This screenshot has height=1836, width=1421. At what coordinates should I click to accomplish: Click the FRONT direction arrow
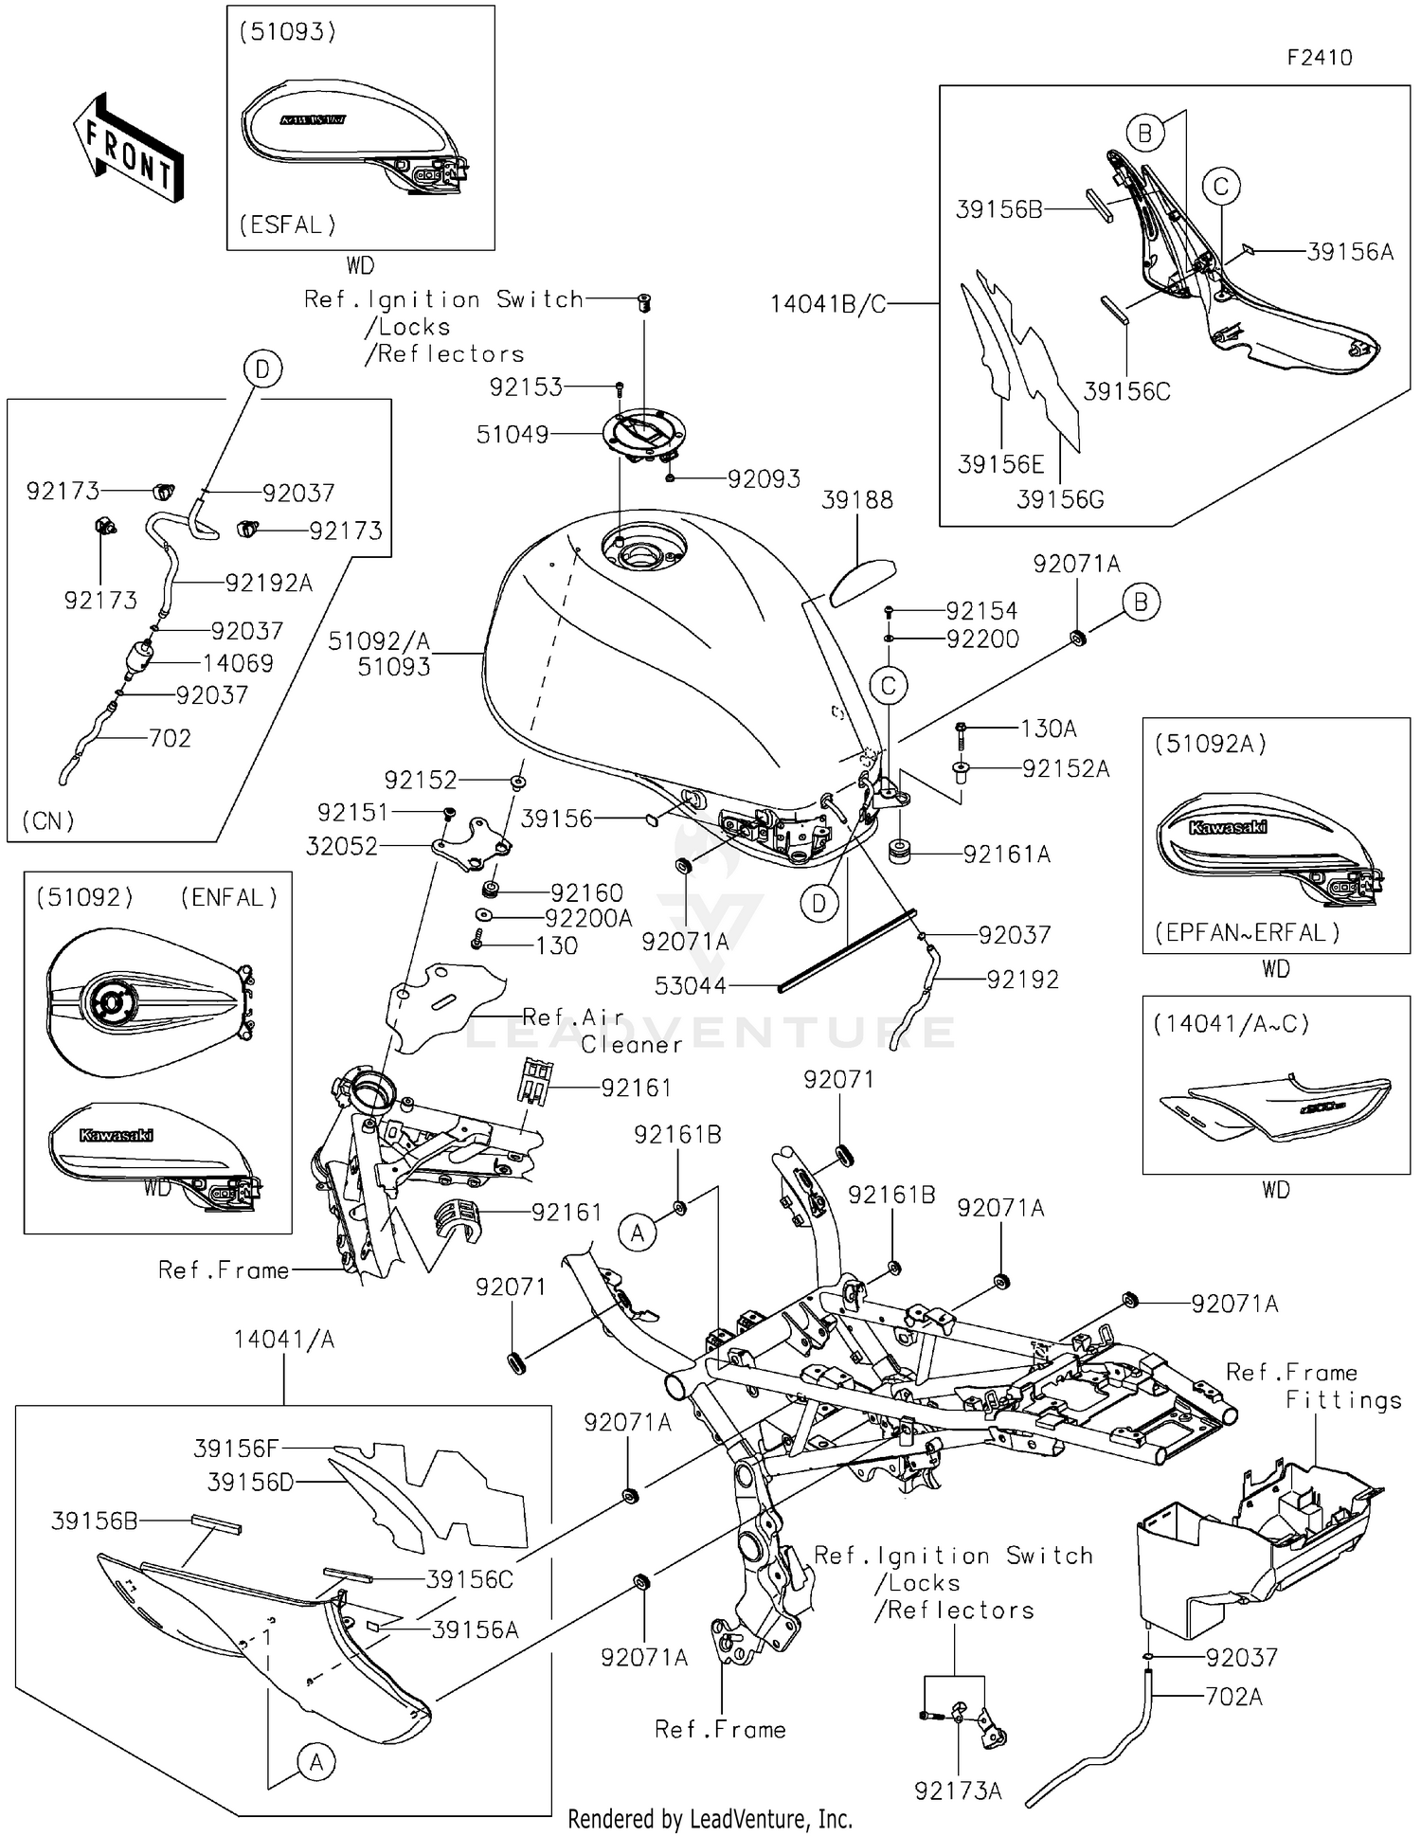pyautogui.click(x=129, y=150)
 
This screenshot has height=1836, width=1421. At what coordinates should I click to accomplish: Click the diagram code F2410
pyautogui.click(x=1319, y=58)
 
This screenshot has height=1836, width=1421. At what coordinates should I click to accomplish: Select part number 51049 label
pyautogui.click(x=513, y=435)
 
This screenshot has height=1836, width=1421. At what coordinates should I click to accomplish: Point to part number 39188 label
pyautogui.click(x=856, y=500)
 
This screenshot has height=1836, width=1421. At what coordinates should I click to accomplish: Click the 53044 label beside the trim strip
pyautogui.click(x=691, y=986)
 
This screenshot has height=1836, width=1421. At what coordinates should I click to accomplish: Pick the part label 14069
pyautogui.click(x=238, y=663)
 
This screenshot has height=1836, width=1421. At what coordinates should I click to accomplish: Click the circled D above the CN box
pyautogui.click(x=262, y=369)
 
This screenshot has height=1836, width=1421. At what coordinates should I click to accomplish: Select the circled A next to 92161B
pyautogui.click(x=638, y=1233)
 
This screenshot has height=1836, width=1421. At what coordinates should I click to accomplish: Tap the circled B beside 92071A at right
pyautogui.click(x=1141, y=602)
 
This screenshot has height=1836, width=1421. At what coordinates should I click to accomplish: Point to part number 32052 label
pyautogui.click(x=341, y=846)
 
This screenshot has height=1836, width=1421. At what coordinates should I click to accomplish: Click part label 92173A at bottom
pyautogui.click(x=958, y=1791)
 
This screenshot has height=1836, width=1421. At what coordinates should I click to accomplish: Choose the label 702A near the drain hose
pyautogui.click(x=1233, y=1697)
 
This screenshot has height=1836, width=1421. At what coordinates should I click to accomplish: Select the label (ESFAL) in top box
pyautogui.click(x=287, y=225)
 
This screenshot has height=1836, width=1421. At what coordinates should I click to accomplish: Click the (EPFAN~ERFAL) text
pyautogui.click(x=1247, y=932)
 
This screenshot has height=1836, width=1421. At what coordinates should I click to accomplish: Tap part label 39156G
pyautogui.click(x=1060, y=499)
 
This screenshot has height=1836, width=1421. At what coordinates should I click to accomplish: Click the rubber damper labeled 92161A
pyautogui.click(x=898, y=851)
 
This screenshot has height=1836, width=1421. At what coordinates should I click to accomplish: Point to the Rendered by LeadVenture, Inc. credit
pyautogui.click(x=710, y=1819)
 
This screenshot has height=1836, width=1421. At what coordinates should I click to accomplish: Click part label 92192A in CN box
pyautogui.click(x=268, y=583)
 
